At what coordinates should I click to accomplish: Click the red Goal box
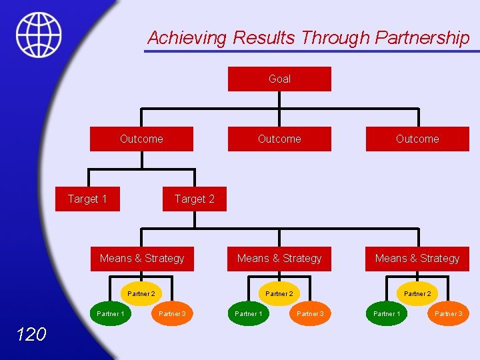click(x=279, y=79)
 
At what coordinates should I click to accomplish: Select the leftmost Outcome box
click(x=141, y=139)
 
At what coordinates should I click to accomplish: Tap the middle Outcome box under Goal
click(x=279, y=139)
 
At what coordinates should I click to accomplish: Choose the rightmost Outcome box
click(x=417, y=139)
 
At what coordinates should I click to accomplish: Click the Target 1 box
click(x=87, y=199)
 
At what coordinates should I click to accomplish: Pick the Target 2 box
click(x=194, y=199)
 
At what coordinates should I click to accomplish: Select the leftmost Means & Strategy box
click(x=142, y=259)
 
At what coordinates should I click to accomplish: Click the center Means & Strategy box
click(x=279, y=259)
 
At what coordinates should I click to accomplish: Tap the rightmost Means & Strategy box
click(x=417, y=259)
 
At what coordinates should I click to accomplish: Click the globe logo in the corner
click(x=39, y=35)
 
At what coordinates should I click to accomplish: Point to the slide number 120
click(x=31, y=334)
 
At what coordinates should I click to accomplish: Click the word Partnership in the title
click(x=423, y=38)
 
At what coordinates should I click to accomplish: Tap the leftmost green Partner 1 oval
click(x=111, y=313)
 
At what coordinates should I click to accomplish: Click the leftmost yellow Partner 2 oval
click(x=141, y=293)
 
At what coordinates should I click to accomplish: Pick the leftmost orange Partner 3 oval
click(x=172, y=313)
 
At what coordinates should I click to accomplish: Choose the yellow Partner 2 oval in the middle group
click(x=279, y=293)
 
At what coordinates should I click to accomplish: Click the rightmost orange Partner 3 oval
click(x=448, y=313)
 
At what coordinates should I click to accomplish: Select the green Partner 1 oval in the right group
click(x=387, y=313)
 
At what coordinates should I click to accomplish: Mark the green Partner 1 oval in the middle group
click(x=249, y=313)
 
